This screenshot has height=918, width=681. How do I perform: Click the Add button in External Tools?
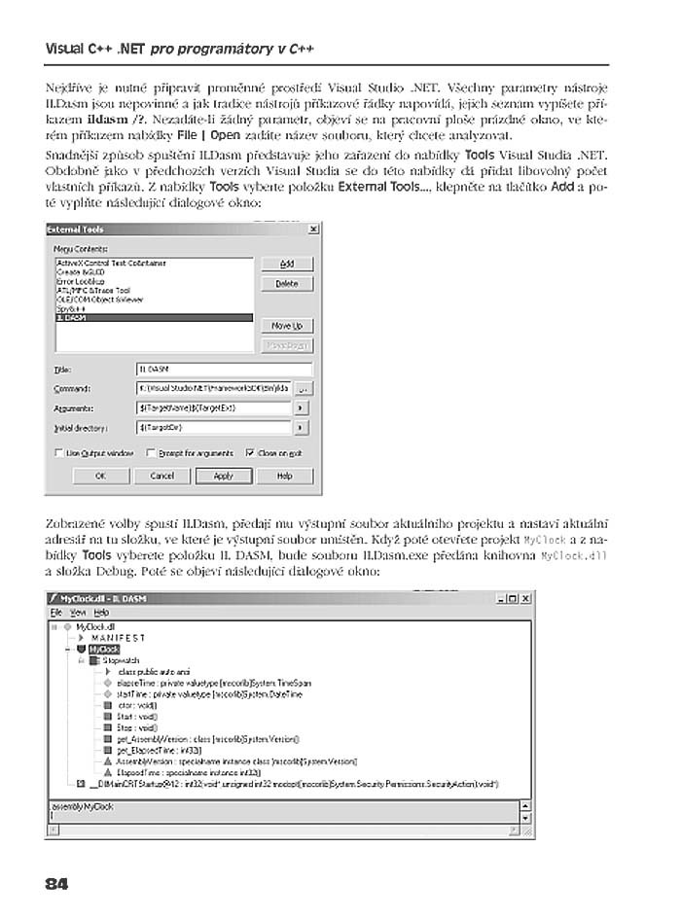click(287, 264)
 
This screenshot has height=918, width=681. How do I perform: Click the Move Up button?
click(287, 326)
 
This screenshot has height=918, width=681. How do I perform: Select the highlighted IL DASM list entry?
click(154, 317)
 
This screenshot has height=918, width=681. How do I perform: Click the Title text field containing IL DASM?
click(224, 369)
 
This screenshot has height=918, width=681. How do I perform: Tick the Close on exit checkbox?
click(250, 452)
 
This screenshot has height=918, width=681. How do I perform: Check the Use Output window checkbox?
click(58, 452)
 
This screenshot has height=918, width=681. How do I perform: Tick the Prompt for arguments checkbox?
click(151, 452)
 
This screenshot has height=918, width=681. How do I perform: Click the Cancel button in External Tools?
click(162, 477)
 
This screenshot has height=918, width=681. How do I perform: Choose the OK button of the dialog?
click(99, 477)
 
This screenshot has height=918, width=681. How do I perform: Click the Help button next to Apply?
click(284, 477)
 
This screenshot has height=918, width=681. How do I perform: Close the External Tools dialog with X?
click(313, 229)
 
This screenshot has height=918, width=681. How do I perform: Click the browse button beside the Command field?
click(302, 388)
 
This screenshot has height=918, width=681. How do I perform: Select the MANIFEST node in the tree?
click(118, 637)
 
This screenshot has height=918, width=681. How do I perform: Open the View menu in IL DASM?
click(77, 613)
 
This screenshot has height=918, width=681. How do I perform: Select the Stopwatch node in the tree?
click(121, 660)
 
